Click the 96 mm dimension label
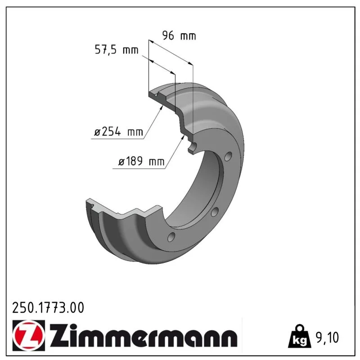179,36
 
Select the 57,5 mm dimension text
117,50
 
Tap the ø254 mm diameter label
118,132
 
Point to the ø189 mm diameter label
141,162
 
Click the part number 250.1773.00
48,308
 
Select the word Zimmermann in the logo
144,336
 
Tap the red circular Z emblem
28,335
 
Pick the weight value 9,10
328,337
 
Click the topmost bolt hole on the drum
228,156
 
